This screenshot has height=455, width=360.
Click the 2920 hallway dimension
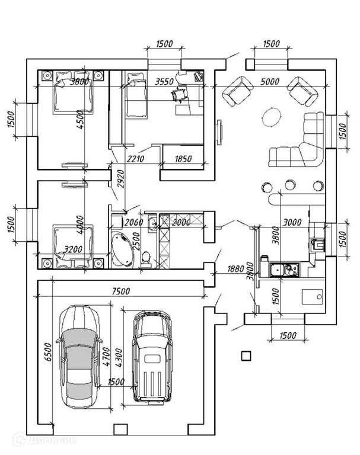pyautogui.click(x=120, y=178)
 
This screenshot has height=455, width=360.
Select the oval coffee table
pyautogui.click(x=272, y=117)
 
